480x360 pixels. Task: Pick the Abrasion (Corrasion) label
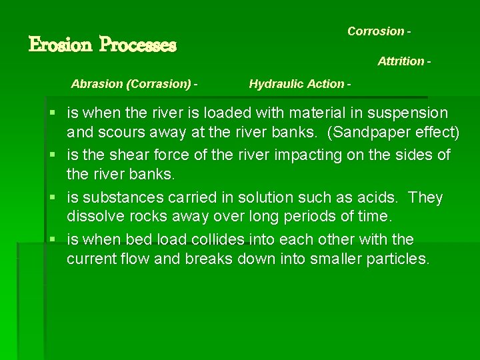[x=134, y=84]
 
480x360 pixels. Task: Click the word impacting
[x=302, y=155]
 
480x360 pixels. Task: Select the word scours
[x=126, y=132]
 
